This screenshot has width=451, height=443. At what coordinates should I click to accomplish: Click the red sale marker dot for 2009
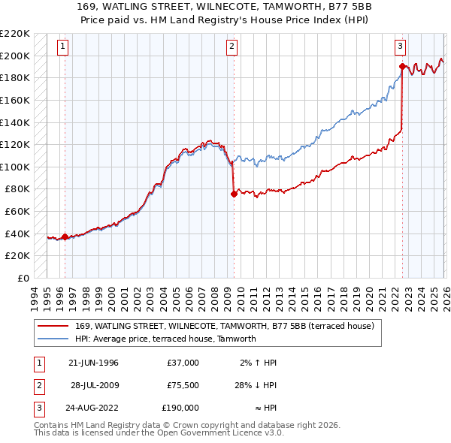click(234, 194)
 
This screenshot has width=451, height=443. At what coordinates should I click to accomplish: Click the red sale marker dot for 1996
click(65, 237)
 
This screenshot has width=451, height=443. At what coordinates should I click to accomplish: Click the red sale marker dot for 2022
click(402, 67)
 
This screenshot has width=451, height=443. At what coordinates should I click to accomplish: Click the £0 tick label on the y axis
click(23, 278)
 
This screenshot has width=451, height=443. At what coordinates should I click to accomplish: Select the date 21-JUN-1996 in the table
click(93, 363)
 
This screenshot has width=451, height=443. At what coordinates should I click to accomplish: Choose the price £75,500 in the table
click(181, 385)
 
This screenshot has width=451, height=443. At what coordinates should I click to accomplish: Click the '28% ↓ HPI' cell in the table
click(256, 385)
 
